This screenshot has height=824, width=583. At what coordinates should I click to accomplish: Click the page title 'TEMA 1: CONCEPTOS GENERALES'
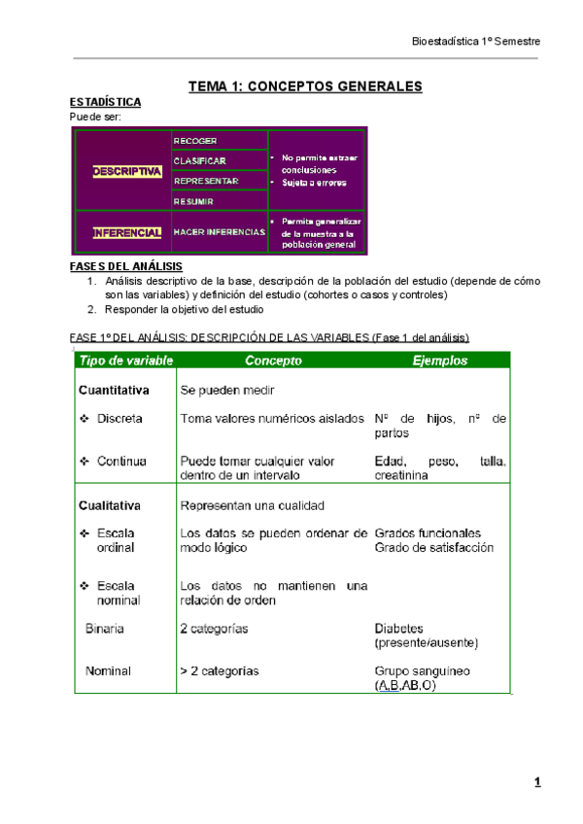(305, 86)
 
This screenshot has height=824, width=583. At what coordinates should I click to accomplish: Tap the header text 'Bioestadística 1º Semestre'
(476, 42)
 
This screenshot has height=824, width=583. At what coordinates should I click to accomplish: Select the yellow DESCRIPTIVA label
(127, 171)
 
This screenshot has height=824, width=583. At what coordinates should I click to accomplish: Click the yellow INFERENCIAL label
(127, 233)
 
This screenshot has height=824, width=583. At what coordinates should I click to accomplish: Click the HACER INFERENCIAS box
(219, 233)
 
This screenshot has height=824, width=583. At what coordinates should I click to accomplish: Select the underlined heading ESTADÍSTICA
(106, 103)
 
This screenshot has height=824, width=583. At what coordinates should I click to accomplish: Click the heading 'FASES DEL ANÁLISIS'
(126, 266)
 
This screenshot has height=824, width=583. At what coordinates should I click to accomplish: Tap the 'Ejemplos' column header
(440, 360)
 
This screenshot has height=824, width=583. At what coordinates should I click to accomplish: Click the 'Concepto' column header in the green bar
(273, 360)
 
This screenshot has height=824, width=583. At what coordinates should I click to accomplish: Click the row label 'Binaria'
(105, 629)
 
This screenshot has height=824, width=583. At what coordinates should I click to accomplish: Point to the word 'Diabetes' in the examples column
(398, 629)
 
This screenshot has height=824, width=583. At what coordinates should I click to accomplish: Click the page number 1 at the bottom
(536, 783)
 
